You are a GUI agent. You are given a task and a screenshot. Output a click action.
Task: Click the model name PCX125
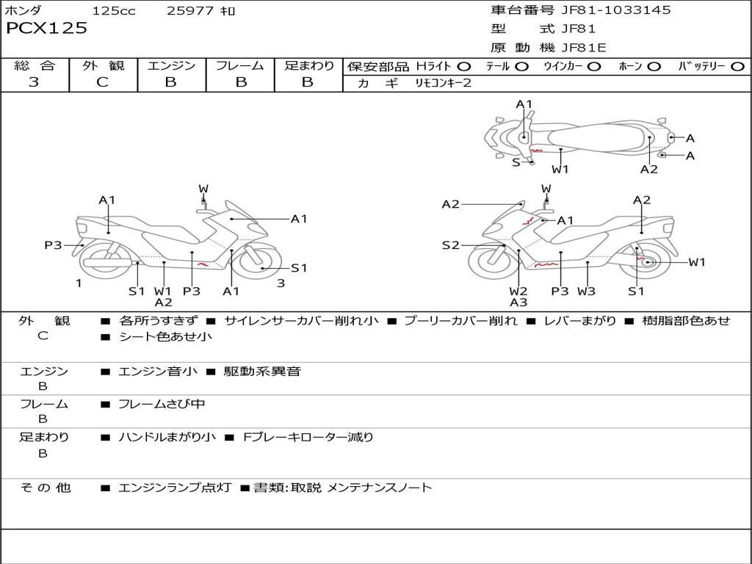(46, 29)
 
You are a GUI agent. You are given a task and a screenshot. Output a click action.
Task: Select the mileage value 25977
(190, 11)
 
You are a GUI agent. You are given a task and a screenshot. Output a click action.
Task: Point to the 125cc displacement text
(114, 11)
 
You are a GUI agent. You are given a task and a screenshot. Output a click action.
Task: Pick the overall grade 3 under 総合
(34, 82)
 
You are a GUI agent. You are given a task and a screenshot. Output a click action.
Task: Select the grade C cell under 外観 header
(103, 82)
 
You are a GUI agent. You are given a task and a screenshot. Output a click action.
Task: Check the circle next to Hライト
(464, 67)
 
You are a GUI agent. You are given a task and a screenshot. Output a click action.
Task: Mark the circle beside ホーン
(654, 67)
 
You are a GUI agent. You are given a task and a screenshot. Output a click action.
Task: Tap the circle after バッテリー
(737, 67)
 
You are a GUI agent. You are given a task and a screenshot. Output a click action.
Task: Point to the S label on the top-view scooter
(516, 162)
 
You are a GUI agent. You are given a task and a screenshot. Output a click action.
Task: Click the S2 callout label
(450, 245)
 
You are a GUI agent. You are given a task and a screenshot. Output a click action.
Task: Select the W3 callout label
(586, 291)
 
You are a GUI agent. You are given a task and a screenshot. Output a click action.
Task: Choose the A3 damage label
(518, 302)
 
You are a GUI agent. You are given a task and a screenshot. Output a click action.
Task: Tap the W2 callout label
(518, 291)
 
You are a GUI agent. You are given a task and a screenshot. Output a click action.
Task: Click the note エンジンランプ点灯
(175, 488)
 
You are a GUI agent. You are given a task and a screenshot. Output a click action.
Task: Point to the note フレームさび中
(162, 404)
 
